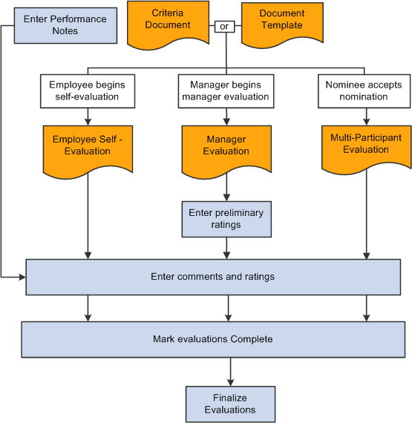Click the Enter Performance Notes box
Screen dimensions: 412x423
tap(65, 25)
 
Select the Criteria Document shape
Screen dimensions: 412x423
tap(168, 24)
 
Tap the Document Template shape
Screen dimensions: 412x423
tap(282, 24)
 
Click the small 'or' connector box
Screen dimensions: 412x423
tap(224, 27)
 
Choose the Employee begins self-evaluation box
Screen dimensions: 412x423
tap(88, 91)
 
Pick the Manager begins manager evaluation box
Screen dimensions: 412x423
tap(226, 91)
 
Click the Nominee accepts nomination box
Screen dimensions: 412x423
tap(364, 91)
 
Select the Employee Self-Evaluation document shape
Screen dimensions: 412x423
tap(88, 151)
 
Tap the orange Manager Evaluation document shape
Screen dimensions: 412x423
tap(226, 151)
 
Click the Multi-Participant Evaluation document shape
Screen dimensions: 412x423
tap(367, 149)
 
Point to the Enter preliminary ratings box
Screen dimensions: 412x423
tap(226, 219)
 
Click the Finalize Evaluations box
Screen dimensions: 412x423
tap(230, 404)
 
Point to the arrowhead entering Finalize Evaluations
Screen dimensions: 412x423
tap(230, 382)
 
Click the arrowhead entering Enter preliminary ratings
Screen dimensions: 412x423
tap(226, 197)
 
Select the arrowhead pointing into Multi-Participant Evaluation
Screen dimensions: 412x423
tap(367, 122)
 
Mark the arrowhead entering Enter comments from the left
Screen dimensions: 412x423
tap(22, 277)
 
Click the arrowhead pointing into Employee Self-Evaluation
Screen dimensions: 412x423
tap(88, 122)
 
